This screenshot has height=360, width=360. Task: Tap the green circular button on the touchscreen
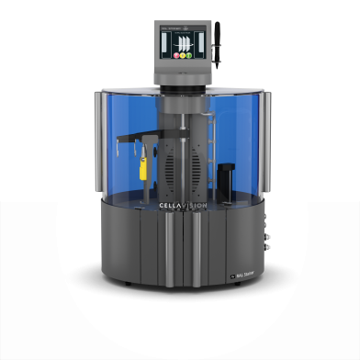pyautogui.click(x=188, y=56)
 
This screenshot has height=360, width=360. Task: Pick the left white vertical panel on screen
pyautogui.click(x=166, y=44)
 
